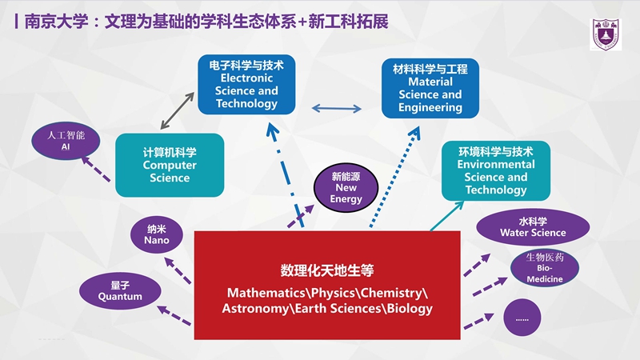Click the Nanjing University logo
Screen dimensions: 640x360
[x=606, y=34]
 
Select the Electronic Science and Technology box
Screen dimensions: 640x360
[x=246, y=85]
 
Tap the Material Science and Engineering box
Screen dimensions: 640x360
[x=430, y=88]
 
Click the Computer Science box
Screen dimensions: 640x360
[x=170, y=165]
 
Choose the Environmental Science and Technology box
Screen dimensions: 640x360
[x=496, y=170]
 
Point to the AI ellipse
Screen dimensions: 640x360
[x=66, y=141]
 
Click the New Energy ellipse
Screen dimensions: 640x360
[x=346, y=188]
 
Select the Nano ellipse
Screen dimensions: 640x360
[x=157, y=234]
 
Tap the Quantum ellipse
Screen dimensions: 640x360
[x=120, y=291]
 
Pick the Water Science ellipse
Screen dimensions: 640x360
[x=533, y=227]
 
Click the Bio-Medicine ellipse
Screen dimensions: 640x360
[x=545, y=268]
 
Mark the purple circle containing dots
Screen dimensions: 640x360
[x=522, y=318]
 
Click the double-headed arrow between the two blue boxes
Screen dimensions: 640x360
[x=336, y=108]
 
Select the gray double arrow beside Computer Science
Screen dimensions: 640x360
[x=177, y=110]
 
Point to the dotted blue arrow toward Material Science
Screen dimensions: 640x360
[x=394, y=176]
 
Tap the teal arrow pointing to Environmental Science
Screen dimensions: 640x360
[x=447, y=216]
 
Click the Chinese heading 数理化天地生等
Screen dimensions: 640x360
[x=327, y=270]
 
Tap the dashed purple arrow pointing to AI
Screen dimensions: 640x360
[x=96, y=170]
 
